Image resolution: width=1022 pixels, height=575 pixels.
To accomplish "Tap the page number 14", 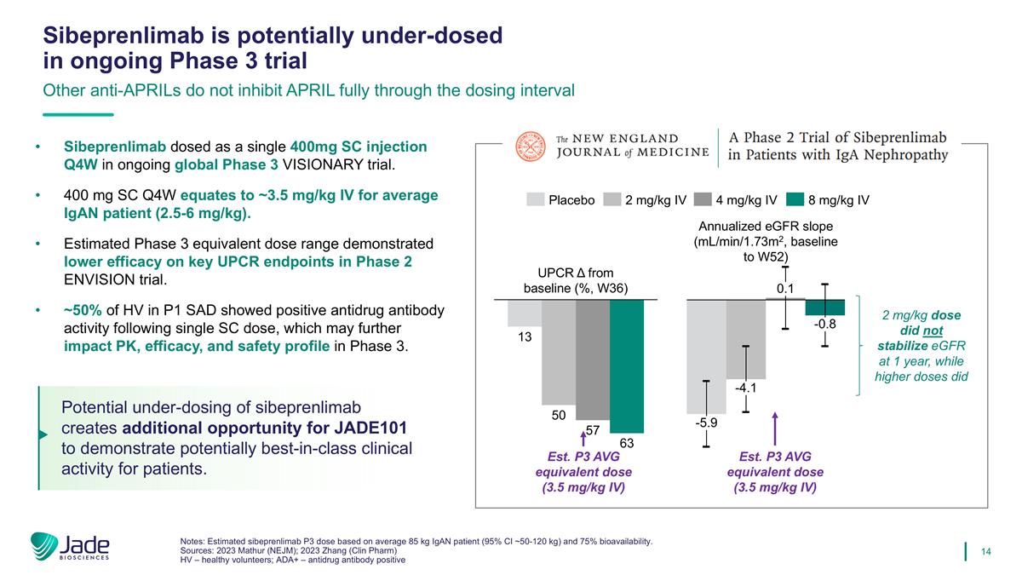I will (x=987, y=551).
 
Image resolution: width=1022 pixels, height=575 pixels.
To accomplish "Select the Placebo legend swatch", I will (x=535, y=200).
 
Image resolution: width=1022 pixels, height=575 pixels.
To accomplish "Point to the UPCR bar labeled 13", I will (x=524, y=313).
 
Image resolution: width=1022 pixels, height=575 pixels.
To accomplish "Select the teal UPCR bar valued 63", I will (x=627, y=366).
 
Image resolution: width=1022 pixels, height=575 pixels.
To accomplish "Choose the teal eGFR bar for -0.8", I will (x=824, y=308).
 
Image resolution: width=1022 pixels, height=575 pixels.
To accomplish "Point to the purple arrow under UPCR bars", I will (x=583, y=440).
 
